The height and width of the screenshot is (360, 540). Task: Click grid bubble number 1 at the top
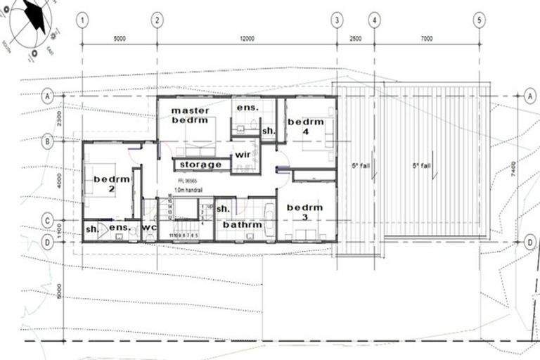click(x=83, y=20)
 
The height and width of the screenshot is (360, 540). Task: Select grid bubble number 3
click(x=337, y=20)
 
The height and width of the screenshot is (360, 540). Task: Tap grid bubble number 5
click(x=480, y=20)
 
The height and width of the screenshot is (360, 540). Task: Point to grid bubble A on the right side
click(x=529, y=95)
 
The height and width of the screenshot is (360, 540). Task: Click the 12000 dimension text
click(x=246, y=39)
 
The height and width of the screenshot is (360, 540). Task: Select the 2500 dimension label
click(x=356, y=39)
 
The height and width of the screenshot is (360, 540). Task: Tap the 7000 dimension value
click(x=427, y=39)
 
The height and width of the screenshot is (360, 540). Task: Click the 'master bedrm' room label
click(x=192, y=115)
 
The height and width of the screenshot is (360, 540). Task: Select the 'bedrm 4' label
click(x=305, y=127)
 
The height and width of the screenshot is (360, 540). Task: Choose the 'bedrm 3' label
click(x=304, y=212)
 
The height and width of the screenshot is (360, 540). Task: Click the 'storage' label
click(x=200, y=165)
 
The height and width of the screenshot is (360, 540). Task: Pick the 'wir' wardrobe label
click(x=243, y=154)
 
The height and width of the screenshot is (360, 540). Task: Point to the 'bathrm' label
click(x=242, y=225)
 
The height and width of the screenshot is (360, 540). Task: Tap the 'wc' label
click(x=148, y=228)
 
